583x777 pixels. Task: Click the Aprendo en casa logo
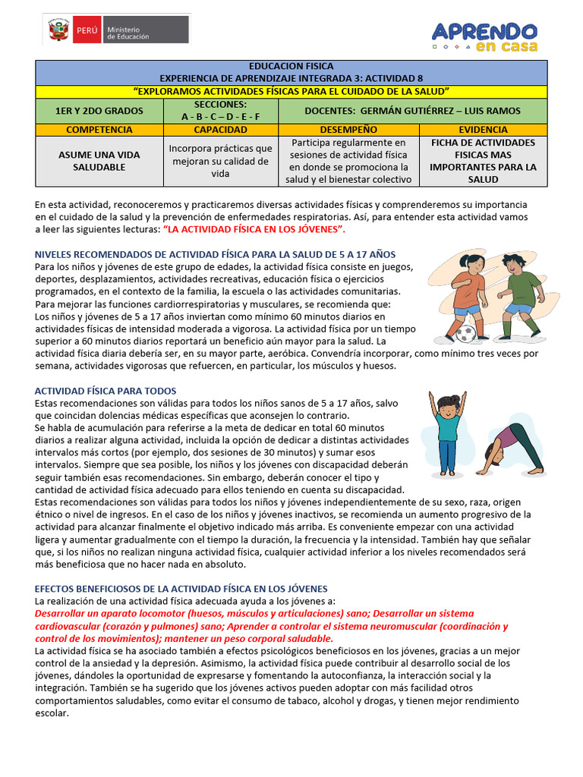tap(484, 36)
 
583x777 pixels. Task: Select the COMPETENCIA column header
tap(99, 130)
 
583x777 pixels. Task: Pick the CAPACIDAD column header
tap(220, 130)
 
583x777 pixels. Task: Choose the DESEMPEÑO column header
tap(348, 130)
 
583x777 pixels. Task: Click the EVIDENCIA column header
tap(483, 130)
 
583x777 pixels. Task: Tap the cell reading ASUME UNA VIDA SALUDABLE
tap(99, 161)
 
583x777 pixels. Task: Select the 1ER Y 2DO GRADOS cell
tap(99, 111)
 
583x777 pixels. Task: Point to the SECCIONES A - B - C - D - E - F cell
tap(220, 111)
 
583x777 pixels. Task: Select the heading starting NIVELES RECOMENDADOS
tap(215, 254)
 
